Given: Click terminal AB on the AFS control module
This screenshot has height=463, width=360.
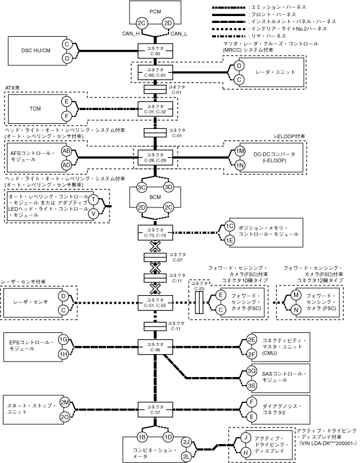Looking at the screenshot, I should point(66,151).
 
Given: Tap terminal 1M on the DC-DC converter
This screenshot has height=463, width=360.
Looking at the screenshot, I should point(241,151).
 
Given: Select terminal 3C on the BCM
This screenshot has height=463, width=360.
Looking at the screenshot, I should point(142,188).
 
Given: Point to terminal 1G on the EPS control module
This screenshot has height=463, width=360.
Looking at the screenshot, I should point(64,339).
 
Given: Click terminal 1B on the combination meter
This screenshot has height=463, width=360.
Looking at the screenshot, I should point(142,437).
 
